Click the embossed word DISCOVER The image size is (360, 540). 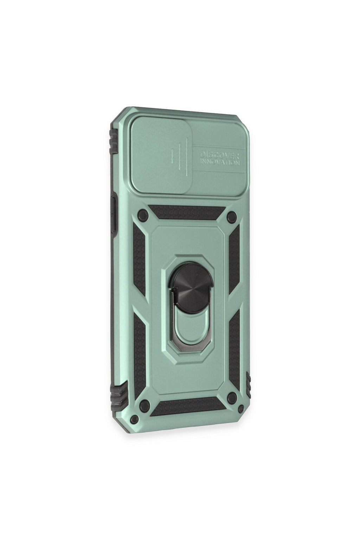[x=219, y=155]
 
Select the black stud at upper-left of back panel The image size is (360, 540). [x=142, y=214]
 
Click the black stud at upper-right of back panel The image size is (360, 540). [x=232, y=215]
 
